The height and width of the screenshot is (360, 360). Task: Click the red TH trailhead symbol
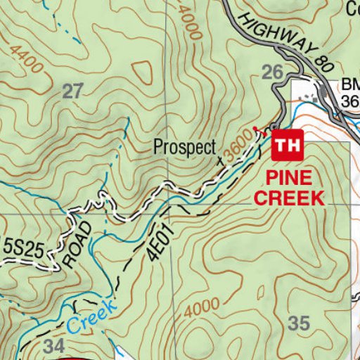(286, 146)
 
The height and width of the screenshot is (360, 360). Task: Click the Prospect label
(185, 148)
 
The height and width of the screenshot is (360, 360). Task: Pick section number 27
(72, 90)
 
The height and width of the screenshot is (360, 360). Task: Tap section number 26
(273, 71)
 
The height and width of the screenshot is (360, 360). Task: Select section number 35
(299, 323)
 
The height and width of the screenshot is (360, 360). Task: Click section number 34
(54, 346)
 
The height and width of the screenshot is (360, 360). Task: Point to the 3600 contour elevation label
(238, 146)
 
